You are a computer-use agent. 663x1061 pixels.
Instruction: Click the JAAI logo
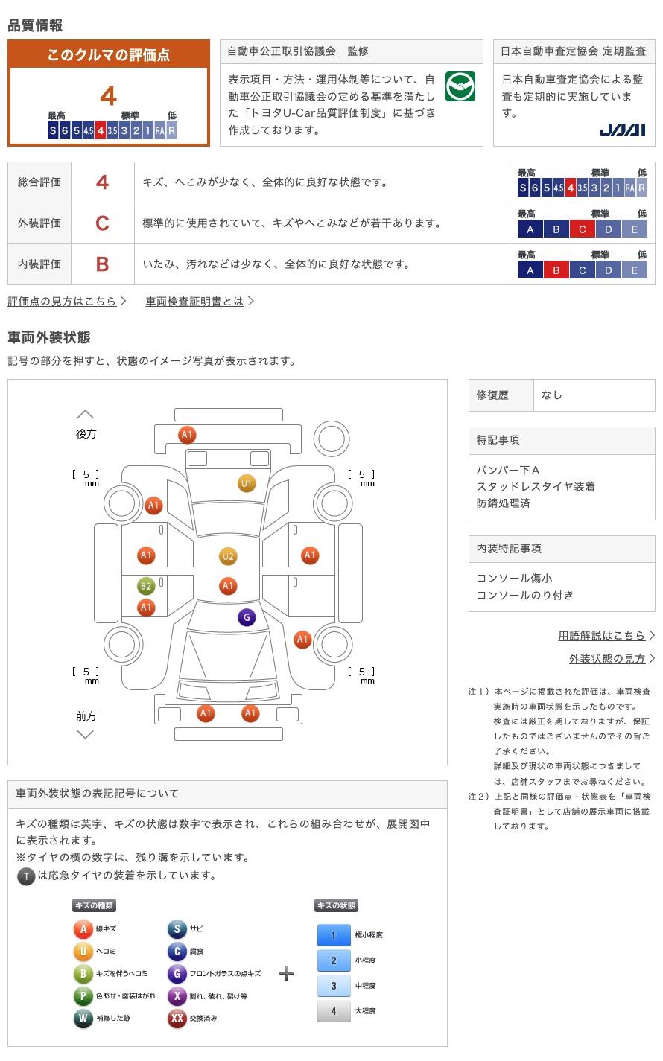[622, 130]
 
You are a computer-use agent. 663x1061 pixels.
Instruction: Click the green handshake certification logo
[460, 86]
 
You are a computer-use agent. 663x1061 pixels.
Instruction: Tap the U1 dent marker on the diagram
[247, 483]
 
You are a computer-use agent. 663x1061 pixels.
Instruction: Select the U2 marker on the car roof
[228, 556]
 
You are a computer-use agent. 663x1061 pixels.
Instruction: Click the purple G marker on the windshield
[247, 617]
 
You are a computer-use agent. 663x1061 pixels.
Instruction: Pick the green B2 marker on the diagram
[146, 586]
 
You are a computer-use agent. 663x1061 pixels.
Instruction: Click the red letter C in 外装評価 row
[102, 223]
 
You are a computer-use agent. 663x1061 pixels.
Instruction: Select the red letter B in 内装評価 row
[102, 264]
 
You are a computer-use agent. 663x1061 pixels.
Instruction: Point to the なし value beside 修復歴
[552, 395]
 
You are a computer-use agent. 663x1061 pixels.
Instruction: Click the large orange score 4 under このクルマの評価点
[109, 96]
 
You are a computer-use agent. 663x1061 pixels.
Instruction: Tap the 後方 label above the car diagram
[86, 433]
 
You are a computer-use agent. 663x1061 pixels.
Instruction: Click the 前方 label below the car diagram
[86, 716]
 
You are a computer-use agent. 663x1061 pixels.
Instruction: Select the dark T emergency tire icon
[26, 876]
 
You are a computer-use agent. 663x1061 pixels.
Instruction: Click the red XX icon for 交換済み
[177, 1019]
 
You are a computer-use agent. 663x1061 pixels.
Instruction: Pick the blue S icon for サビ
[177, 929]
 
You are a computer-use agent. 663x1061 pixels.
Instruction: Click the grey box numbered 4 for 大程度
[334, 1011]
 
